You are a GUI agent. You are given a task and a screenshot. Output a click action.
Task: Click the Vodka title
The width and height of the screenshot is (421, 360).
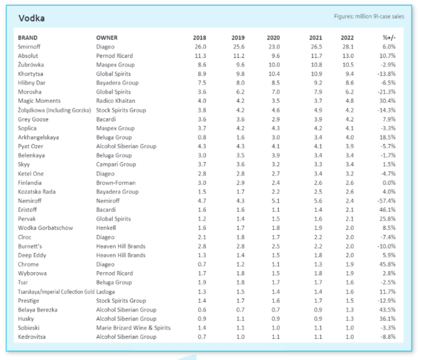[x=32, y=18]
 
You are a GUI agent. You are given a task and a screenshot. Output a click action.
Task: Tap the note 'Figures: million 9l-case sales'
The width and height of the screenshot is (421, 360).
[x=369, y=16]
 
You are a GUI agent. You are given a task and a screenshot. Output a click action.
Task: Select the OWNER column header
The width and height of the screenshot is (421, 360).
[x=107, y=38]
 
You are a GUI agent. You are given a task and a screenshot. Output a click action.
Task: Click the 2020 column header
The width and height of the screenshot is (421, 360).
[x=273, y=38]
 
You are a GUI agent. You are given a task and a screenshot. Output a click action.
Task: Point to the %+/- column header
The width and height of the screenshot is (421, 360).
[x=389, y=38]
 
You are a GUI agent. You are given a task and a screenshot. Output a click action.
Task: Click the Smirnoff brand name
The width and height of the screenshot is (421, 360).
[x=29, y=47]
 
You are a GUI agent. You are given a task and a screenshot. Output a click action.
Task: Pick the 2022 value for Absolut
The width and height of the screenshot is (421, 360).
[x=348, y=56]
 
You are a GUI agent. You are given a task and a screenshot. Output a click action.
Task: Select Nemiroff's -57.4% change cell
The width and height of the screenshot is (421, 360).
[x=387, y=201]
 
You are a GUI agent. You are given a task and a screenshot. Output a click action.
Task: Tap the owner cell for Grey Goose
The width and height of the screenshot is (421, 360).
[x=106, y=119]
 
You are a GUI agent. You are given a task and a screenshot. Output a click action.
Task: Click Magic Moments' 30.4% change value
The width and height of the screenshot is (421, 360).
[x=388, y=101]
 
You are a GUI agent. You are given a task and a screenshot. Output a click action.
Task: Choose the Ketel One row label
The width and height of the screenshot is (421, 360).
[x=31, y=173]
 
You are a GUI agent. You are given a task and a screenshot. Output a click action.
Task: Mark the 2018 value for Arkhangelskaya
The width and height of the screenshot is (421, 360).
[x=202, y=137]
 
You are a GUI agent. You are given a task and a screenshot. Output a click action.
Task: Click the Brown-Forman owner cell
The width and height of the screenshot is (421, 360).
[x=116, y=183]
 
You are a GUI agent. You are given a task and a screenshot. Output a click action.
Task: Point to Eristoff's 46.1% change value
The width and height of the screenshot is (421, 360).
[x=388, y=210]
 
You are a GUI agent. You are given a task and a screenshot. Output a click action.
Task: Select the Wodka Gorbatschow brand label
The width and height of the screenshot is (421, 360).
[x=45, y=228]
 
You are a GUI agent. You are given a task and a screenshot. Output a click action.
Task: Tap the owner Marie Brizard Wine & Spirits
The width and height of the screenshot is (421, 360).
[x=133, y=328]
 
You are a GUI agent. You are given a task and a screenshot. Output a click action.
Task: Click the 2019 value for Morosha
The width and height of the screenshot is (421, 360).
[x=240, y=92]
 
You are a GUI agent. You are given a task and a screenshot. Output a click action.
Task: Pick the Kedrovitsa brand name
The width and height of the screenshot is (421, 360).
[x=32, y=337]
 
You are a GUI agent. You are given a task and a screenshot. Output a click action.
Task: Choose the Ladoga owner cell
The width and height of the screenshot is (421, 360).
[x=106, y=292]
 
